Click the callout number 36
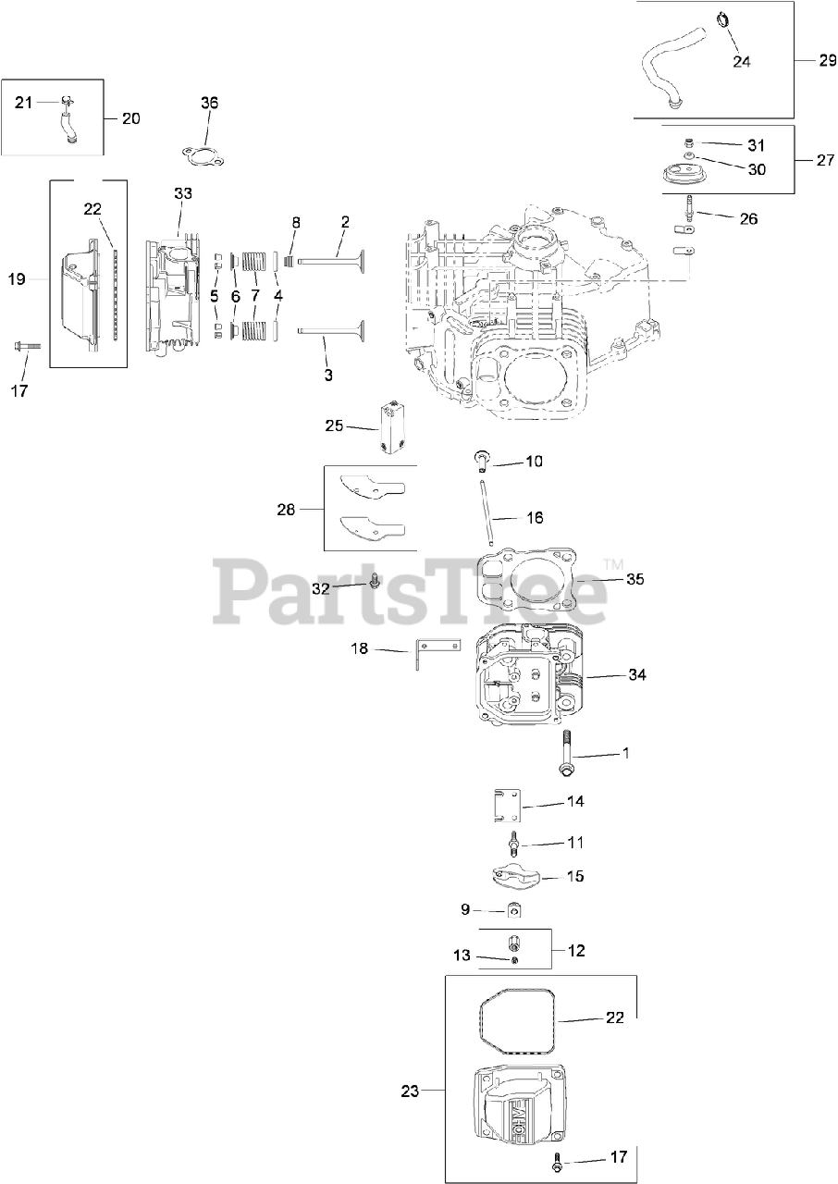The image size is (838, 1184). click(x=210, y=103)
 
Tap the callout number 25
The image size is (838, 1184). click(x=334, y=425)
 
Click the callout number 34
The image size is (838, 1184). click(x=636, y=674)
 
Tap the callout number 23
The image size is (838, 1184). click(x=410, y=1091)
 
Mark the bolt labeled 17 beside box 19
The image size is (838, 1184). click(x=27, y=347)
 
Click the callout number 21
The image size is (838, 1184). click(x=23, y=102)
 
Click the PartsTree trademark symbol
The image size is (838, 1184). click(x=612, y=563)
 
